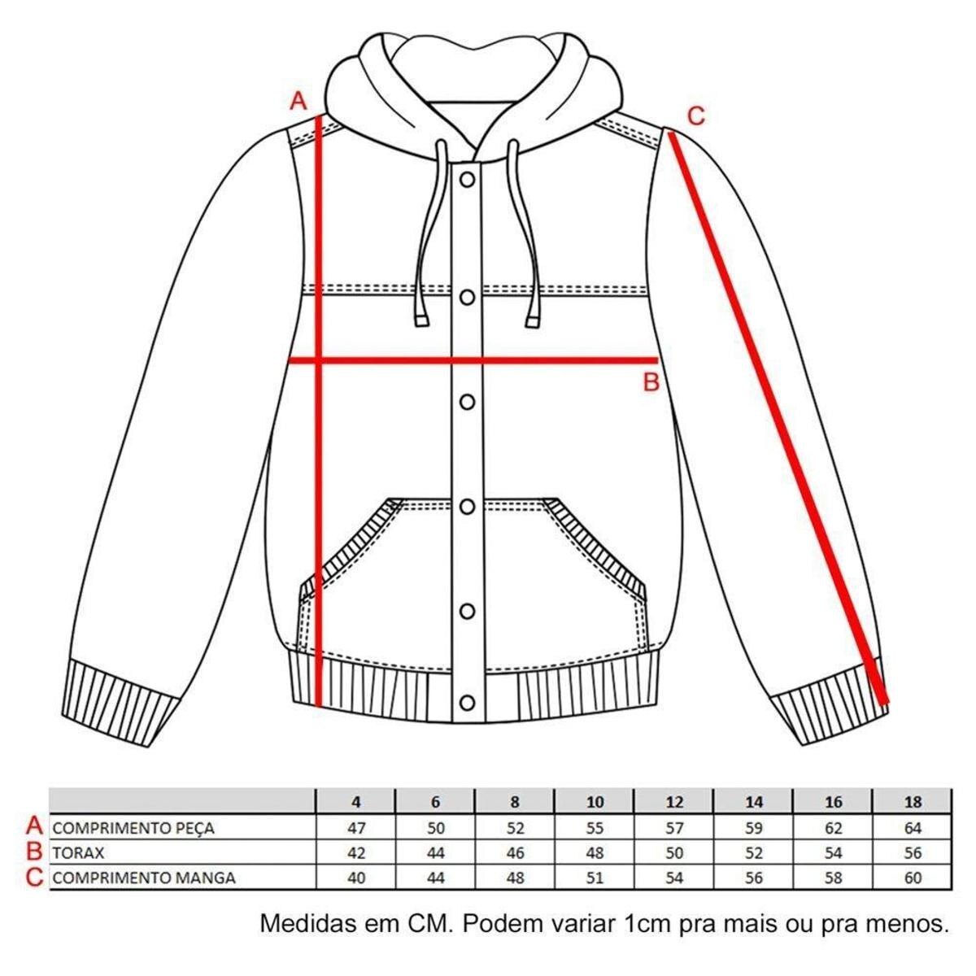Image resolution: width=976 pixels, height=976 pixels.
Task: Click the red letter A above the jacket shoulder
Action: pos(298,101)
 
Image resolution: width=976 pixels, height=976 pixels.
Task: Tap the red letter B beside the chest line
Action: pos(651,382)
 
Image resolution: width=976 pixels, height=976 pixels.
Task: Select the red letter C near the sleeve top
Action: pos(696,116)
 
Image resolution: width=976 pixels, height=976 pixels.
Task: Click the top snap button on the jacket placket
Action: pos(467,179)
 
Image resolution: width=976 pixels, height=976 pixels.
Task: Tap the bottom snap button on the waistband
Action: pos(467,703)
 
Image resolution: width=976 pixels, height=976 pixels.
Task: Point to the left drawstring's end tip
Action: pos(421,320)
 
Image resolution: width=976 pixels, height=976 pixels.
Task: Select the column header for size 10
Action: pos(595,802)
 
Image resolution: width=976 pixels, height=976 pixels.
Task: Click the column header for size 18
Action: pos(913,802)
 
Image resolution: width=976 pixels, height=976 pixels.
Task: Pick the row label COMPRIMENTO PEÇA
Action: pos(133,829)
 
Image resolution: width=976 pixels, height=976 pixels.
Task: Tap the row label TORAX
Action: pos(78,853)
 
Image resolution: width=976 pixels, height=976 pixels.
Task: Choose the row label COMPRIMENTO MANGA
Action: pos(144,878)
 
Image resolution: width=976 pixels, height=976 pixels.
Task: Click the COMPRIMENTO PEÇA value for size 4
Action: pos(356,828)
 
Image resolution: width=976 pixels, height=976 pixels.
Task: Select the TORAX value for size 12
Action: pos(674,853)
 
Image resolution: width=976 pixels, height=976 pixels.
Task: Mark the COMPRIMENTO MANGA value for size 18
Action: pos(913,878)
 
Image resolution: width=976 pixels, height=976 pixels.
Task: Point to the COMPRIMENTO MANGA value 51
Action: pos(595,878)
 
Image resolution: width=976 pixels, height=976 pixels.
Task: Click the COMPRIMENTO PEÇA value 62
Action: pos(833,828)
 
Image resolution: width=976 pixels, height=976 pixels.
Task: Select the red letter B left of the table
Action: pos(34,852)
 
